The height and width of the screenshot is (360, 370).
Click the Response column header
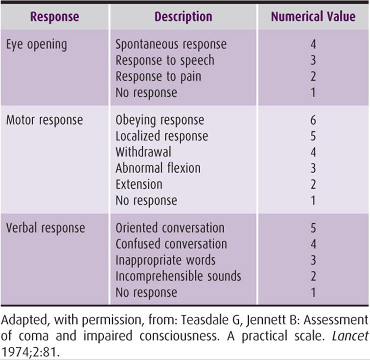point(55,17)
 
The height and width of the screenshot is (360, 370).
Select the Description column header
point(184,17)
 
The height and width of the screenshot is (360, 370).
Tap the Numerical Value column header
point(313,17)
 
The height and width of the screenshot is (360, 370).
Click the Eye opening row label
point(37,45)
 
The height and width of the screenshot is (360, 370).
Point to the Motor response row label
point(45,120)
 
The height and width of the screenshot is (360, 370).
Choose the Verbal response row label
point(46,228)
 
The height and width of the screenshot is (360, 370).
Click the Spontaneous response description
point(171,45)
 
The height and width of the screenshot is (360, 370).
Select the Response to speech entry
point(165,60)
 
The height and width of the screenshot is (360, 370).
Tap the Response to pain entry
point(159,76)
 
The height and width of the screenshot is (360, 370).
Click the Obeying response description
point(160,120)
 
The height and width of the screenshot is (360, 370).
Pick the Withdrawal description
point(143,152)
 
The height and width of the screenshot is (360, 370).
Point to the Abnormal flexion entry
point(158,168)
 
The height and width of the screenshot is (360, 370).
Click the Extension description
point(139,184)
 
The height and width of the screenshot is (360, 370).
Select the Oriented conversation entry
point(170,228)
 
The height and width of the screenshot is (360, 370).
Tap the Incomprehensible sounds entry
point(178,276)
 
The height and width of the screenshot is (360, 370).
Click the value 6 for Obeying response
point(313,120)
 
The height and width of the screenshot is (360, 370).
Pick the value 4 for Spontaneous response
point(313,45)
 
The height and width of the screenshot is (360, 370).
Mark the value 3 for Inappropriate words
point(313,260)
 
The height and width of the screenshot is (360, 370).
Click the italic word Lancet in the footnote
point(350,336)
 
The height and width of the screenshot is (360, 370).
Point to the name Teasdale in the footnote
point(205,320)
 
